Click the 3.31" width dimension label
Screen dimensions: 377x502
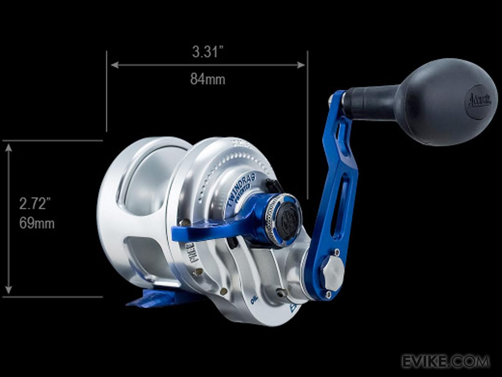207,52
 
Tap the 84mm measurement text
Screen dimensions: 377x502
207,79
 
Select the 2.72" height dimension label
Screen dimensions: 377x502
35,204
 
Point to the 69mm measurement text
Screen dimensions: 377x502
37,223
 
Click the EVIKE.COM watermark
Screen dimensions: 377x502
446,361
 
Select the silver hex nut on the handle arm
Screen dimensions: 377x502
333,273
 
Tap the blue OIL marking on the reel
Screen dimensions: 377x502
254,300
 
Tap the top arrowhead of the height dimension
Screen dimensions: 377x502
8,147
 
